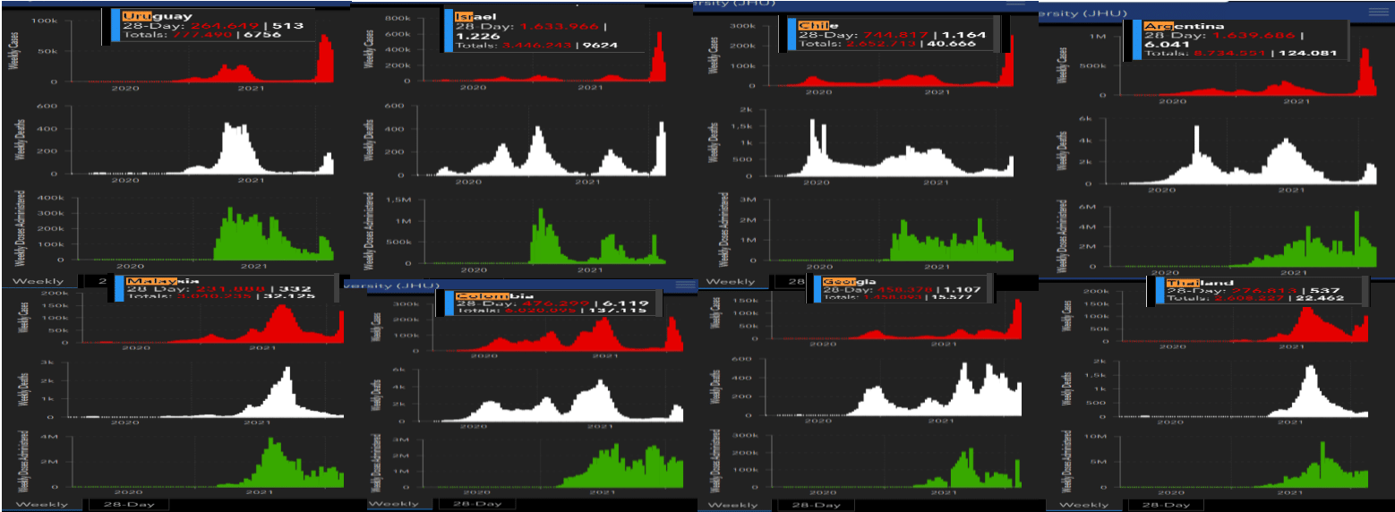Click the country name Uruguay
pyautogui.click(x=145, y=16)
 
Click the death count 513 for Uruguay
pyautogui.click(x=262, y=26)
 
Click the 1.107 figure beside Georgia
pyautogui.click(x=963, y=290)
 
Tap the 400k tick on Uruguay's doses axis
pyautogui.click(x=50, y=197)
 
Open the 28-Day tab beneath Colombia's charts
pyautogui.click(x=476, y=504)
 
